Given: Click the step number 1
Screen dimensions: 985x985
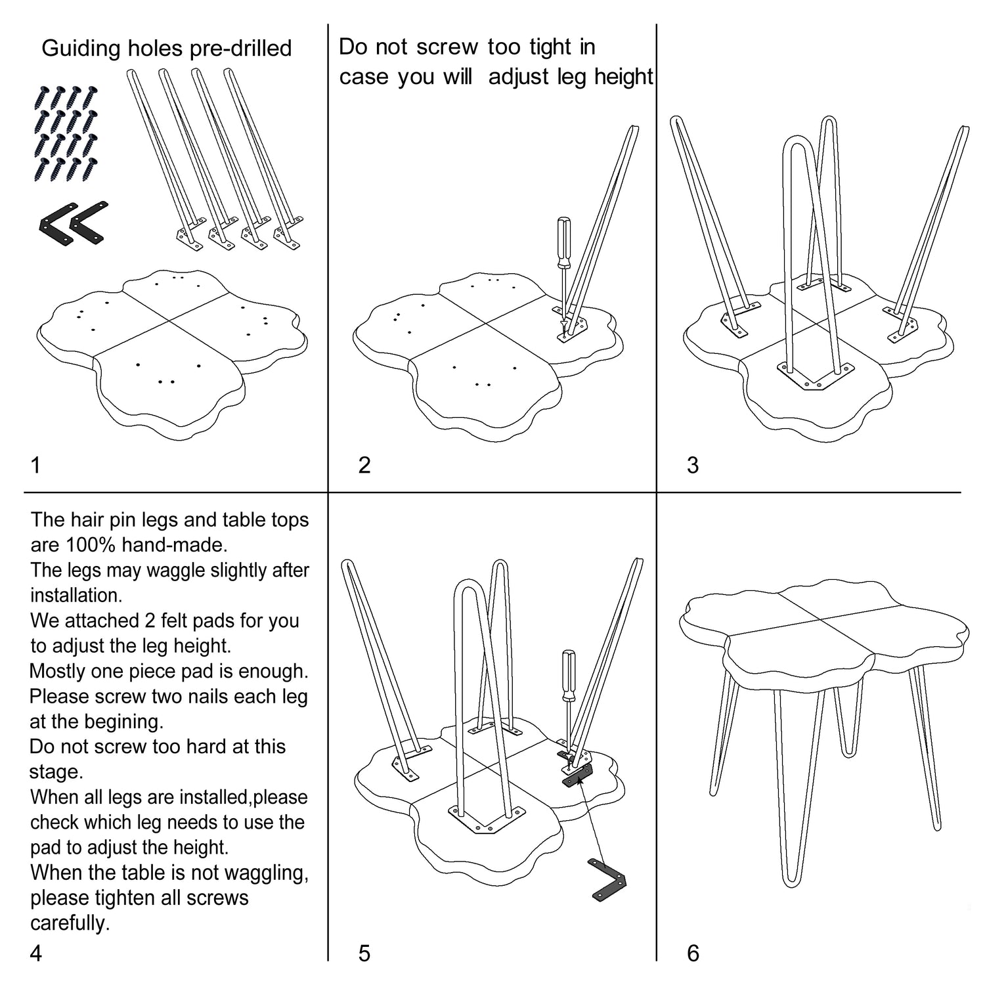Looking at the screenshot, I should (35, 465).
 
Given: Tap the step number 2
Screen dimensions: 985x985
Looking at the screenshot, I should (364, 465).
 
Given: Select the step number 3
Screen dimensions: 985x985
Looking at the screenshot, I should (693, 465).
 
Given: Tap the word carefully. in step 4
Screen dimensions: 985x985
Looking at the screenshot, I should (70, 923).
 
